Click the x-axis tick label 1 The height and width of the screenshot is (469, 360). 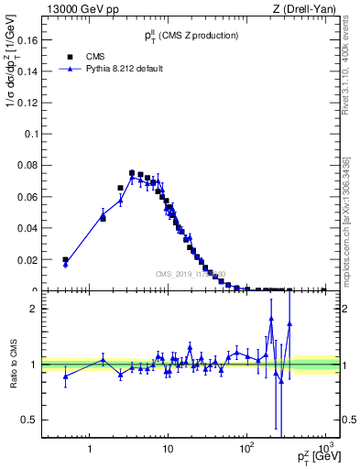tap(89, 448)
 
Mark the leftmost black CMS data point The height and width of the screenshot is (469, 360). tap(65, 260)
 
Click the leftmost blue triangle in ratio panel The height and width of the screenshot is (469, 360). tap(65, 376)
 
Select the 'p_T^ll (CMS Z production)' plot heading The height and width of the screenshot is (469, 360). tap(191, 35)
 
